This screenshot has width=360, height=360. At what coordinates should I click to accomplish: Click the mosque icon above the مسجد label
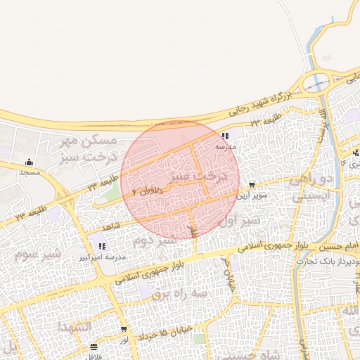point(28,162)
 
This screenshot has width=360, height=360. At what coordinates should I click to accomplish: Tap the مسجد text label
point(28,172)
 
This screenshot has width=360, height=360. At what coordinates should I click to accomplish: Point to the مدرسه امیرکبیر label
point(103,257)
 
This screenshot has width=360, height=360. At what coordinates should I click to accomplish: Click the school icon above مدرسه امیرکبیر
point(103,246)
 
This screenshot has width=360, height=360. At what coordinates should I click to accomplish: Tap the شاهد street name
point(111,226)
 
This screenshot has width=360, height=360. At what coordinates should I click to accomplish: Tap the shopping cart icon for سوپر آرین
point(252,186)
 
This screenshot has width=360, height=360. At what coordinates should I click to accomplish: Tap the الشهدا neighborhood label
point(72,327)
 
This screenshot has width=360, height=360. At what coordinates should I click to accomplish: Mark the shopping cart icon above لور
point(124,329)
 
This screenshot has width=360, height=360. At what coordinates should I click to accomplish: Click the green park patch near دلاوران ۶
point(105,193)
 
